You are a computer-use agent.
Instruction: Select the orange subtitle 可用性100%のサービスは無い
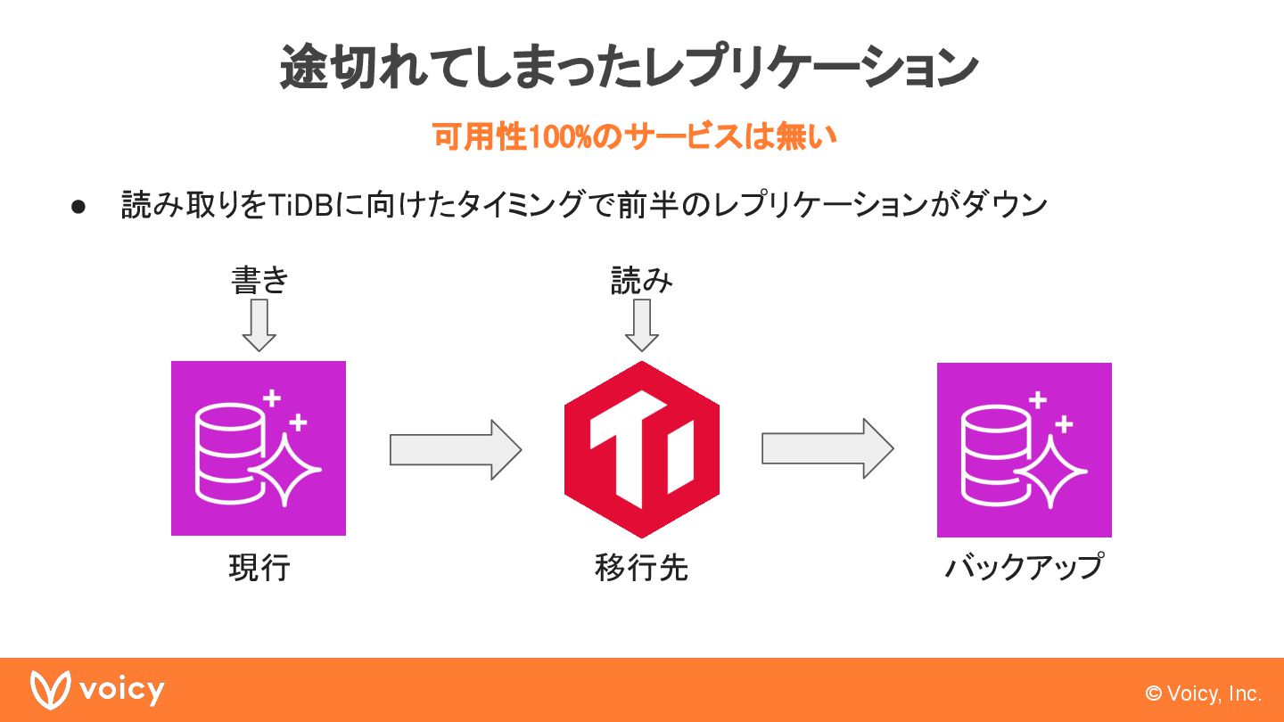[634, 138]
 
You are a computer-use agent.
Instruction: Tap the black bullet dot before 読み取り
[78, 207]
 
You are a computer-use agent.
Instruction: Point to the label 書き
[259, 281]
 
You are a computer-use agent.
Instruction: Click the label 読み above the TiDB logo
[641, 281]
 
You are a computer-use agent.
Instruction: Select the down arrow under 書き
[259, 324]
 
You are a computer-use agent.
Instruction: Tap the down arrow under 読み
[641, 324]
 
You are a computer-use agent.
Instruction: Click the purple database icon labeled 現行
[259, 447]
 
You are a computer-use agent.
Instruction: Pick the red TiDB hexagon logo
[642, 449]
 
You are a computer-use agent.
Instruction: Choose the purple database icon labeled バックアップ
[1024, 449]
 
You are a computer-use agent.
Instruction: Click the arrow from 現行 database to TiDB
[455, 450]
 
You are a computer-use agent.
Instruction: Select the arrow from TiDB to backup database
[827, 449]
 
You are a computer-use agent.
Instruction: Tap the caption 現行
[259, 568]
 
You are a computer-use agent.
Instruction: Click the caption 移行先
[641, 568]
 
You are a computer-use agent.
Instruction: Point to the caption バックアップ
[1024, 568]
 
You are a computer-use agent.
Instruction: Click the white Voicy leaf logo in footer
[50, 689]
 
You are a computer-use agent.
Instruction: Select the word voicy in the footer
[122, 690]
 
